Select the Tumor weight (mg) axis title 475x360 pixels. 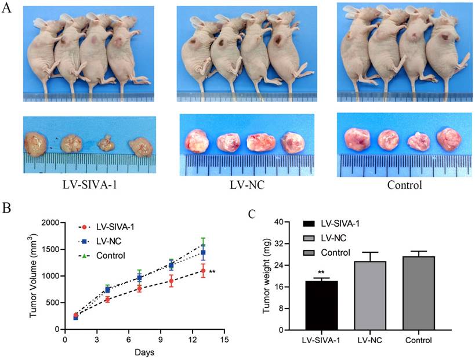[267, 276]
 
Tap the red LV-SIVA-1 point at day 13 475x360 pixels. [203, 271]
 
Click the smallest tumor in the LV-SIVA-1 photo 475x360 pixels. [105, 143]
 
